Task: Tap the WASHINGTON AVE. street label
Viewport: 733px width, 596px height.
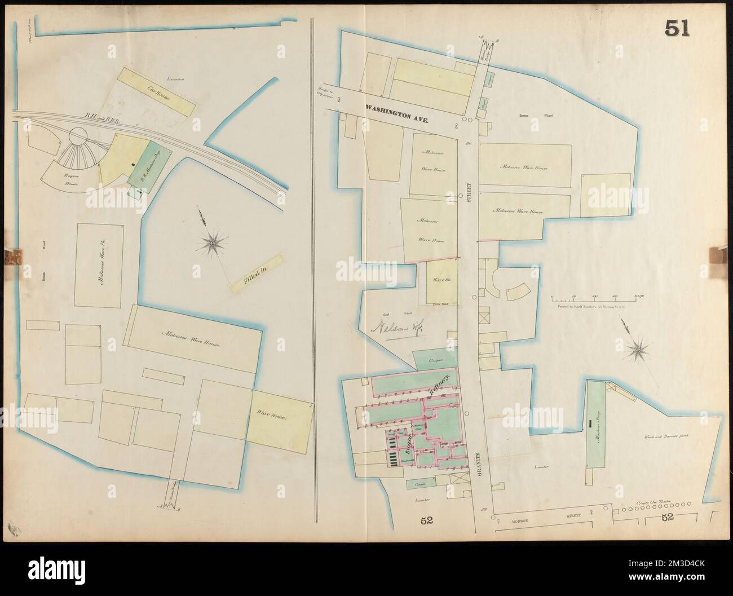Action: tap(397, 113)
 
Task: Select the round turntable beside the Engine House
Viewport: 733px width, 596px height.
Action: tap(78, 136)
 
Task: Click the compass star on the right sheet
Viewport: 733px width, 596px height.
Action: tap(638, 350)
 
